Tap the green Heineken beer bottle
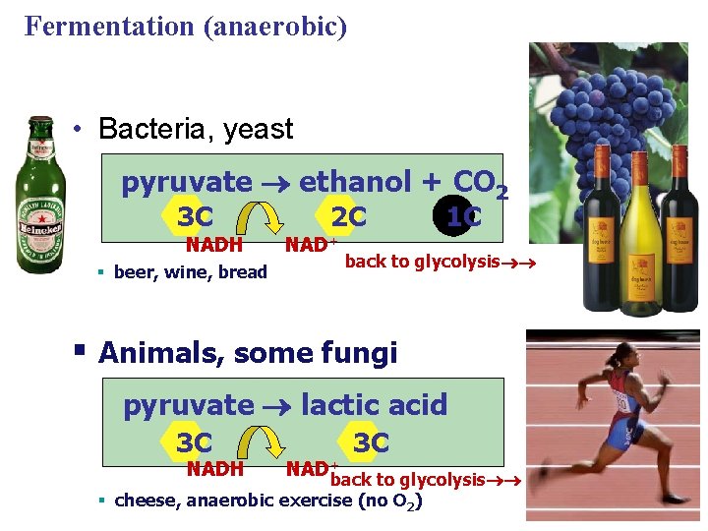41,197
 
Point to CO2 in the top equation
480,183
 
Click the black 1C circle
463,216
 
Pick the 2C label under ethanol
348,216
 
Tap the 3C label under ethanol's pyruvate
196,216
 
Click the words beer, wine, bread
191,272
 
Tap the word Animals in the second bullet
162,352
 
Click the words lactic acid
374,404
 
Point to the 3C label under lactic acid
371,442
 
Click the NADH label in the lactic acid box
215,469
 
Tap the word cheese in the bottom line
147,501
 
